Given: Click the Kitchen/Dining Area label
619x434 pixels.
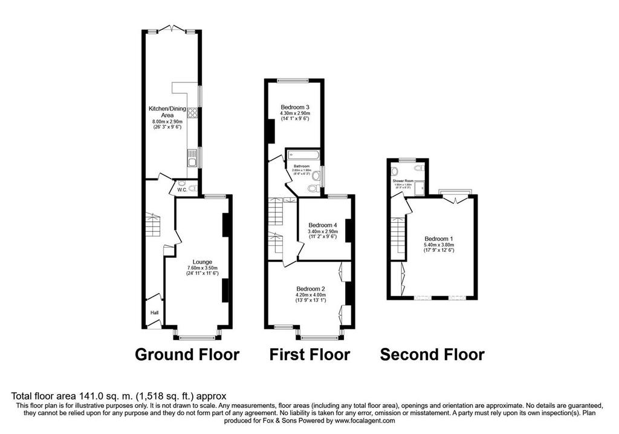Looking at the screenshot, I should point(167,112).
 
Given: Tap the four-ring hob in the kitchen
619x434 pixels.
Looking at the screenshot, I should point(192,114).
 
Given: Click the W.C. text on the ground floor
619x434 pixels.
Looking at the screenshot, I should point(181,190).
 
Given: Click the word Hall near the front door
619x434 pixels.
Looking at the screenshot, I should point(154,312).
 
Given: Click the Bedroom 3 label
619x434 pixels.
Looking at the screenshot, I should point(294,108).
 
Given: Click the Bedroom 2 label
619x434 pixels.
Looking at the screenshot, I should point(311,288).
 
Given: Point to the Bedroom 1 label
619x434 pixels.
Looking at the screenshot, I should point(439,237).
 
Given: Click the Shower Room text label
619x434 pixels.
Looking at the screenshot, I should point(403,180).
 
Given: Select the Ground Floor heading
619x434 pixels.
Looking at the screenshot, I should point(187,354).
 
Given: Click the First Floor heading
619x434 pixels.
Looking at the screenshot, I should point(309,354).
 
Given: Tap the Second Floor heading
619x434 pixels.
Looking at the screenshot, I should point(432,354).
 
